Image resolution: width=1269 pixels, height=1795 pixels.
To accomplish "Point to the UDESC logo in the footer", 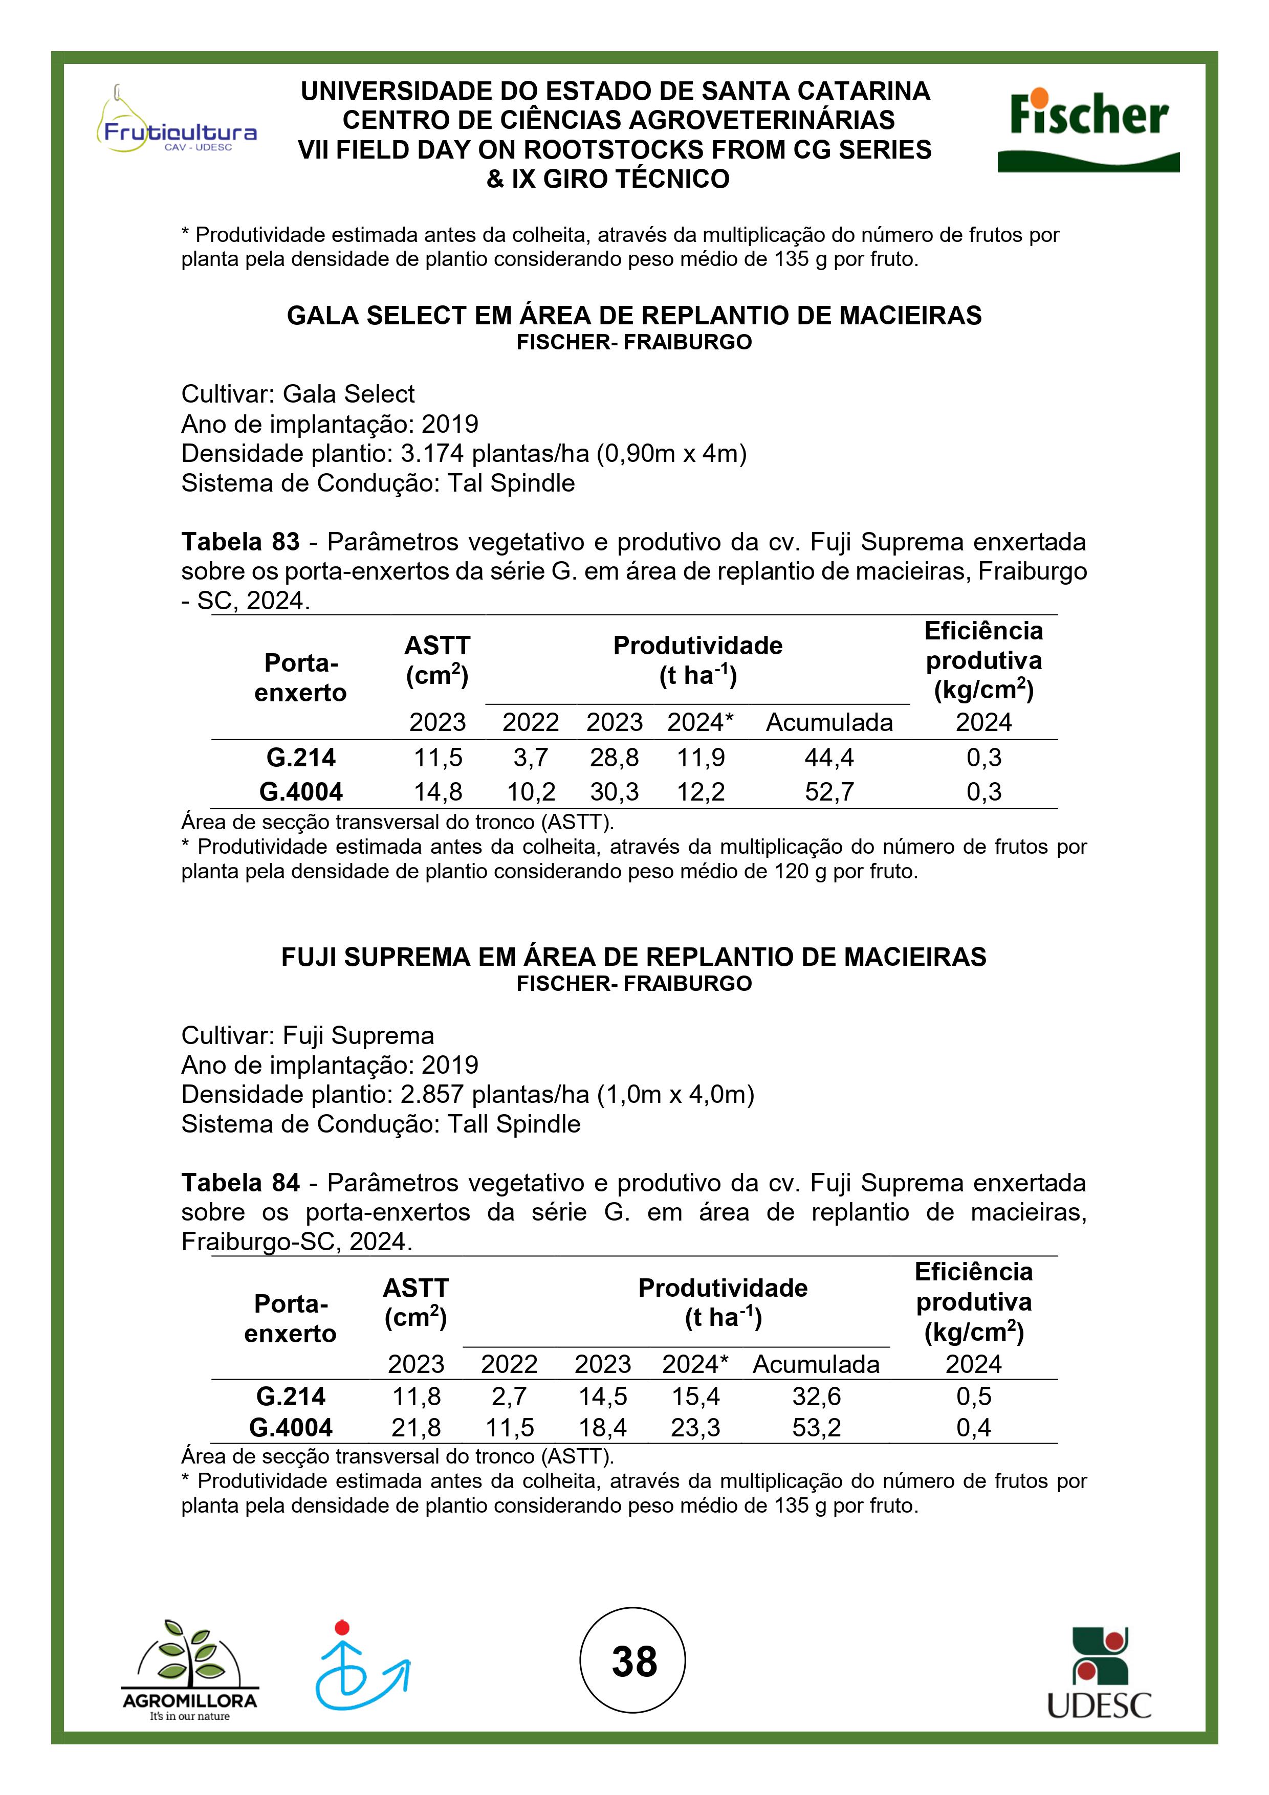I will (1099, 1673).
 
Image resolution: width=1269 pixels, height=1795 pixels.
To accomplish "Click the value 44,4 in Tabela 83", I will (829, 758).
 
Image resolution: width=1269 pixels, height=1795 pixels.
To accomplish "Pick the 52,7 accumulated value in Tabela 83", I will (829, 792).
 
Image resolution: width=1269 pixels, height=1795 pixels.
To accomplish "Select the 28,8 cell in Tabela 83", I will (615, 758).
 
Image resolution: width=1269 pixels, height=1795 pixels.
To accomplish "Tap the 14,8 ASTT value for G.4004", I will (438, 792).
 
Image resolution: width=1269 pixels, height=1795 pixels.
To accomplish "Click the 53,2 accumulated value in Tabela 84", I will (816, 1428).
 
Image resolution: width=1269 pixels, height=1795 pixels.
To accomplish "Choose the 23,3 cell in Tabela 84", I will (695, 1428).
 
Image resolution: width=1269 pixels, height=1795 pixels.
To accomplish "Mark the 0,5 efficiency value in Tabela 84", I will (973, 1397).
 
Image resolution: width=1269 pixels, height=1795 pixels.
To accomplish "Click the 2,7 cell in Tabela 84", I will (509, 1397).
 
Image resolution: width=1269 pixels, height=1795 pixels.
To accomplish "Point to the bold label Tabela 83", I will (240, 542).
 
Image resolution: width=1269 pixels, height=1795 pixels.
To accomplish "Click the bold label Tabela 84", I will (240, 1183).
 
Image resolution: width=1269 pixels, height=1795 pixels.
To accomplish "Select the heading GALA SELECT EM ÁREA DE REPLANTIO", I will (634, 315).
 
